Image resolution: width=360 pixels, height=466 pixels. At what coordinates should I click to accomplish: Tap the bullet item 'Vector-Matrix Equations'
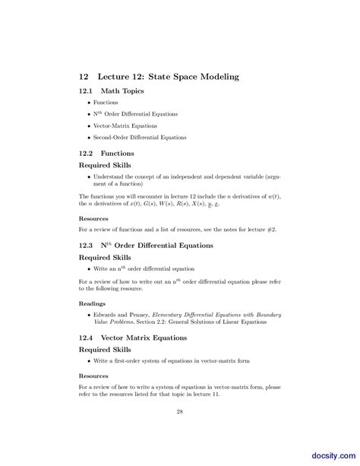point(125,125)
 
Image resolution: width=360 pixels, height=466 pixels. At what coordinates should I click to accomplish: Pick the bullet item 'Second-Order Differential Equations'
point(140,138)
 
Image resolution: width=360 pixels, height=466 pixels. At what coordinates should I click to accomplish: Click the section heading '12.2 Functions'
point(106,153)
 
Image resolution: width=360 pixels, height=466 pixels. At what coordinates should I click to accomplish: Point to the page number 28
point(180,413)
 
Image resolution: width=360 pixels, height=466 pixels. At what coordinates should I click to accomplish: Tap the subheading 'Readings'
point(93,303)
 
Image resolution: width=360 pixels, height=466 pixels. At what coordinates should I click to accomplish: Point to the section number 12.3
point(86,246)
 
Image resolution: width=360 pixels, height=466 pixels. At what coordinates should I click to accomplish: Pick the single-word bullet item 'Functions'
point(106,102)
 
